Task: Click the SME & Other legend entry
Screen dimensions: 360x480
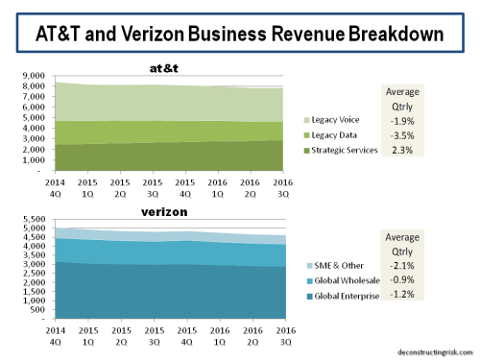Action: pos(339,265)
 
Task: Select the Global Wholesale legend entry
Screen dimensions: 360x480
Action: pos(343,280)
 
